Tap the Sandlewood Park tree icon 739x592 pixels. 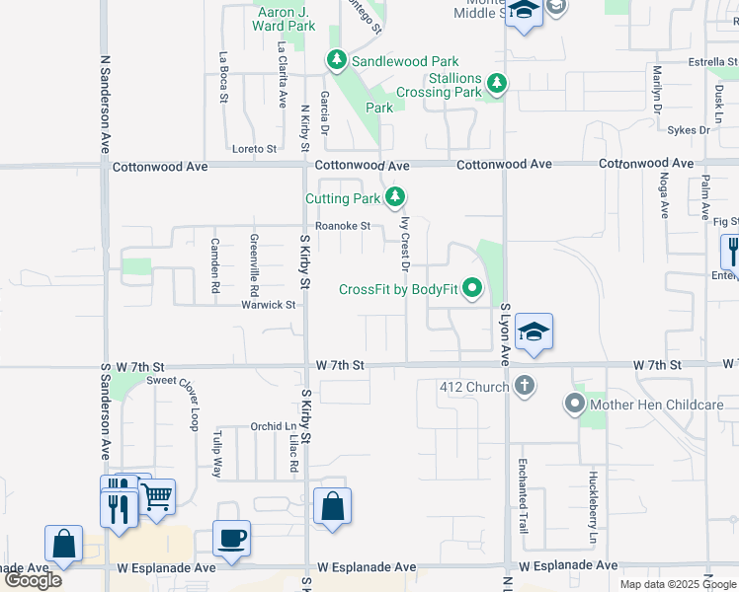click(336, 61)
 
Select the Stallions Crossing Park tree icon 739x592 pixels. click(496, 85)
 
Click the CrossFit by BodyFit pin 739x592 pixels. click(472, 289)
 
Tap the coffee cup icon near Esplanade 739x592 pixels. click(232, 539)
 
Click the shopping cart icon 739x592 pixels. click(157, 497)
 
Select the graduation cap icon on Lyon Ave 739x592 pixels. click(534, 333)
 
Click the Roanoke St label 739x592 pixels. click(344, 226)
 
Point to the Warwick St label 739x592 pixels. click(269, 305)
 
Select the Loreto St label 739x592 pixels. click(254, 149)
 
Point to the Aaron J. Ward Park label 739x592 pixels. click(287, 19)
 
